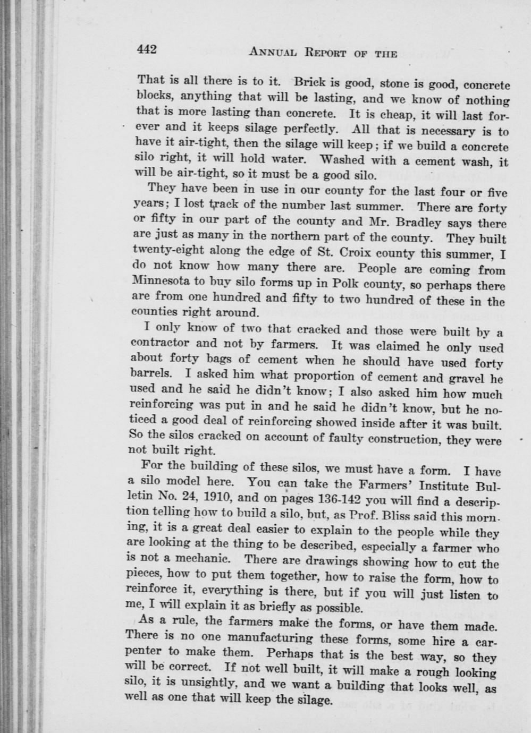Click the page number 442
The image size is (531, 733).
[147, 49]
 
